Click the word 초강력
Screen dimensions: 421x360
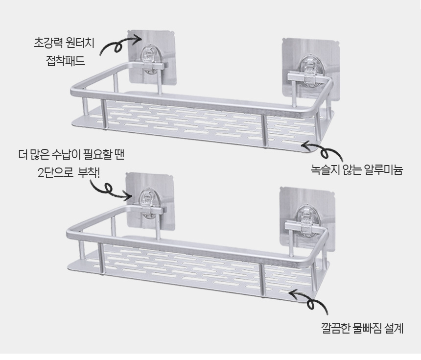coord(48,43)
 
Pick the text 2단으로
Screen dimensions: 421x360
coord(56,173)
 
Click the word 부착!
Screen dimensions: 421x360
coord(89,173)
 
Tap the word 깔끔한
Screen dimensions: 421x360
coord(335,328)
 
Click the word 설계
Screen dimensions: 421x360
coord(394,328)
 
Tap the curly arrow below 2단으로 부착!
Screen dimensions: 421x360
coord(107,189)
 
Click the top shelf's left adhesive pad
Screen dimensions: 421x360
coord(151,57)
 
